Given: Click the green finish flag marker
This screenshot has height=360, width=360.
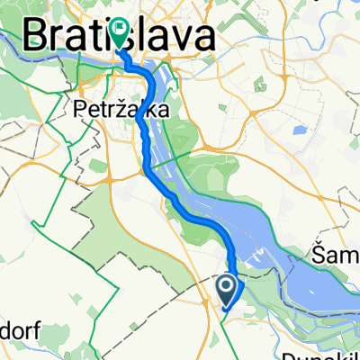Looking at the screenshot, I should pyautogui.click(x=120, y=32).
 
